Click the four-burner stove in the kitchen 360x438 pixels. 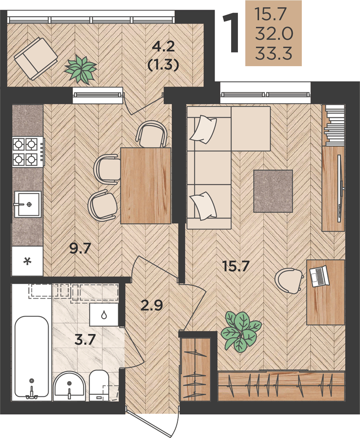[x=28, y=152]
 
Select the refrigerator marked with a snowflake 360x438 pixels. [x=27, y=261]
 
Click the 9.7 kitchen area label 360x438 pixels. [x=80, y=248]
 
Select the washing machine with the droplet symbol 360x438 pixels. [x=104, y=315]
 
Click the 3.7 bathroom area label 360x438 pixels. [x=85, y=340]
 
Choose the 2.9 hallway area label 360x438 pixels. [x=152, y=305]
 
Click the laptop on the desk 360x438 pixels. [x=320, y=276]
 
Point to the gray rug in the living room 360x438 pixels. [x=273, y=191]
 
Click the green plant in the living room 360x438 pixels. [x=241, y=331]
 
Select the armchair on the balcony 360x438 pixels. [x=36, y=59]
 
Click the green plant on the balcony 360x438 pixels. [x=81, y=69]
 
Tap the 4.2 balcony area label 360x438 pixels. [x=163, y=46]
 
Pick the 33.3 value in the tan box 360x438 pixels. [x=273, y=53]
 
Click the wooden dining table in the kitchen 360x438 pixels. [x=145, y=185]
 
